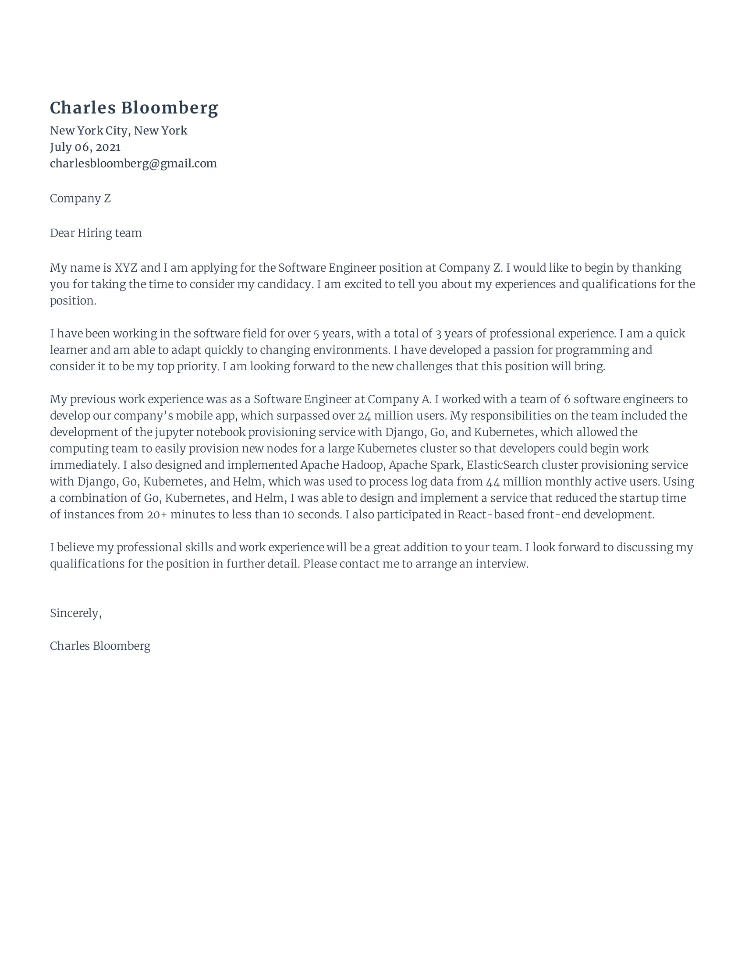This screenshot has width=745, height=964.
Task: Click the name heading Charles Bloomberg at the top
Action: tap(134, 108)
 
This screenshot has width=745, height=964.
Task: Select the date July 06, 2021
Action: tap(85, 147)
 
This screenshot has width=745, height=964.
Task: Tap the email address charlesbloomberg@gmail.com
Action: tap(133, 164)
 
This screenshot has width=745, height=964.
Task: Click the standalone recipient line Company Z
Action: tap(80, 198)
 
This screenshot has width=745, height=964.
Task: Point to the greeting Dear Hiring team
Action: tap(96, 233)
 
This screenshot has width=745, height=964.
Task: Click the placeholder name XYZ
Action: tap(126, 268)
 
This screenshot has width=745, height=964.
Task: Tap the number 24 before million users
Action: tap(364, 416)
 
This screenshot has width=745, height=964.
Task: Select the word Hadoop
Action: tap(362, 465)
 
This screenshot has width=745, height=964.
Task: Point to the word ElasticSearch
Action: tap(502, 465)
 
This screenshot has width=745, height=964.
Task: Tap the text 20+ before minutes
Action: tap(157, 515)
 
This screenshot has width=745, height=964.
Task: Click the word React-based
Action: tap(491, 515)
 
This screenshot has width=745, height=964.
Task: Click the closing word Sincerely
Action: tap(75, 613)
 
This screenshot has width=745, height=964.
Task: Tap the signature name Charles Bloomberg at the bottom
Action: tap(100, 646)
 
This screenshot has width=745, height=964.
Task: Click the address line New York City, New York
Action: tap(118, 131)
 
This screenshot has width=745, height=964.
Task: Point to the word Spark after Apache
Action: tap(447, 465)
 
